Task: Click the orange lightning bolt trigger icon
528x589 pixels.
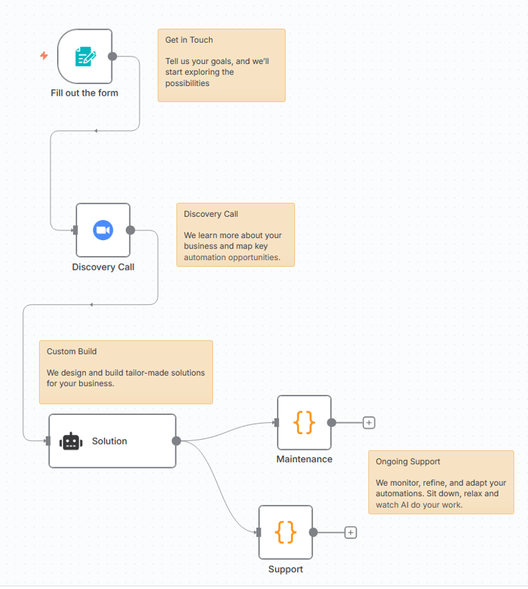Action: pos(44,56)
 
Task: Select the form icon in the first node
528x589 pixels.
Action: pos(85,56)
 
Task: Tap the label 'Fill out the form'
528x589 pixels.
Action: pos(85,93)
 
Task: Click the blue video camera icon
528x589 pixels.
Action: pos(103,230)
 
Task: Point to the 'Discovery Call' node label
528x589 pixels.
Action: pos(103,267)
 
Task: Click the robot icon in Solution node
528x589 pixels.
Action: pos(71,441)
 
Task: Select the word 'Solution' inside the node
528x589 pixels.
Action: pos(109,441)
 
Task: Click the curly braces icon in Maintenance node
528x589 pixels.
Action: pos(304,422)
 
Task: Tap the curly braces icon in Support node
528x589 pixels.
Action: pos(285,532)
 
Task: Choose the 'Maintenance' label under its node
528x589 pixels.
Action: pos(304,459)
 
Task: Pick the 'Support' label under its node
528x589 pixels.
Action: pos(285,569)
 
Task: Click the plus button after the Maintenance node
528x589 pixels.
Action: pos(369,422)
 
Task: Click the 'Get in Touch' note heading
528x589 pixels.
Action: pos(189,40)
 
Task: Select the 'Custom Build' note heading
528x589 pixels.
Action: pos(71,352)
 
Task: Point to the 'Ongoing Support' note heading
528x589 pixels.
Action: pos(408,462)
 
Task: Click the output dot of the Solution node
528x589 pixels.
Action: pos(176,441)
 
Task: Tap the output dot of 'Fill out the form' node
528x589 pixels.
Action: pos(113,56)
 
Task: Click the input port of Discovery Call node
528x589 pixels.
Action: pos(75,230)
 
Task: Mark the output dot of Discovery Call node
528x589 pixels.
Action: pos(131,230)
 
